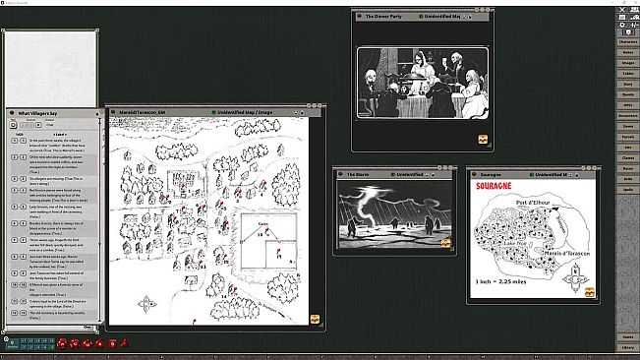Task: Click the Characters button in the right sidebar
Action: (626, 41)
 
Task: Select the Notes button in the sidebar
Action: (626, 53)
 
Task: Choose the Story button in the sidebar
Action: (626, 84)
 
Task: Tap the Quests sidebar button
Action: (626, 93)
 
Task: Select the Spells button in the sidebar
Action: (626, 188)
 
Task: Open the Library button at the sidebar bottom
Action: (626, 347)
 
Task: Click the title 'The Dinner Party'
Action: (384, 17)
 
